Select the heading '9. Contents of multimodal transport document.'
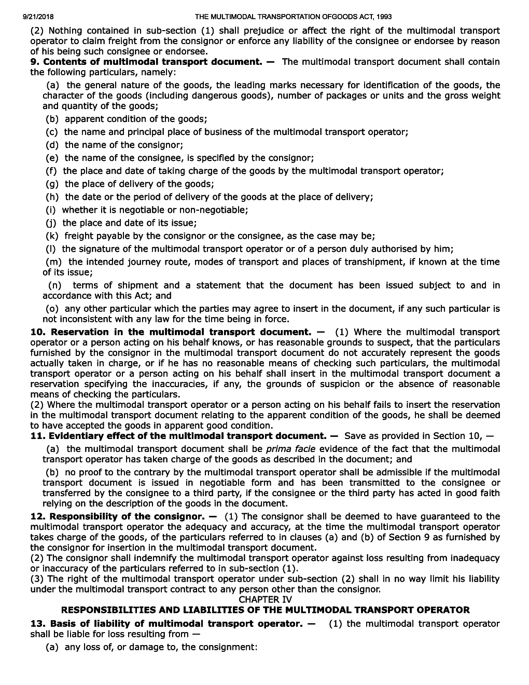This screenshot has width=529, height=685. tap(146, 62)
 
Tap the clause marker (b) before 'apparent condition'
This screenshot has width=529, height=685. tap(52, 119)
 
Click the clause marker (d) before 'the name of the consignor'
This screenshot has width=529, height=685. tap(52, 145)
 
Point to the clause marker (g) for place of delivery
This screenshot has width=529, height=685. tap(52, 184)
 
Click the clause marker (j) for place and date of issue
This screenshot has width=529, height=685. tap(52, 223)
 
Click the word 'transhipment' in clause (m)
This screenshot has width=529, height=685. tap(421, 262)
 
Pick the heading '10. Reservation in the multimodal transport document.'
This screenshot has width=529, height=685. tap(171, 332)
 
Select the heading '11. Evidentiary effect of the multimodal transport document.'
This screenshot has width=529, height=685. tap(178, 436)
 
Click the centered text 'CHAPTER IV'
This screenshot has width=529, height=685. tap(265, 599)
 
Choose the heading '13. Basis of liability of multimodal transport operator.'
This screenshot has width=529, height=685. tap(166, 623)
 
